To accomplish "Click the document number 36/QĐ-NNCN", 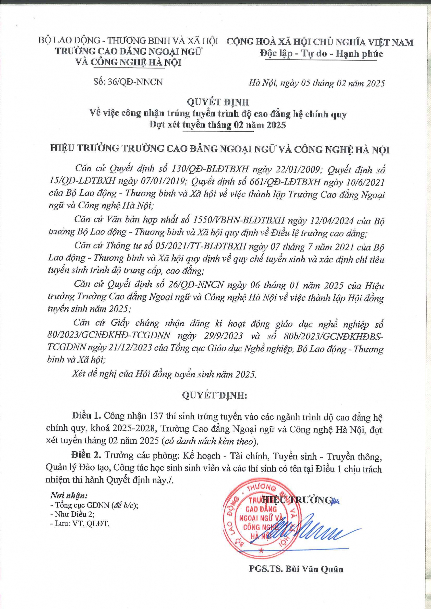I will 135,82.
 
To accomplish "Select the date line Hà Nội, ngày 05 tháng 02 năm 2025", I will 316,83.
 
